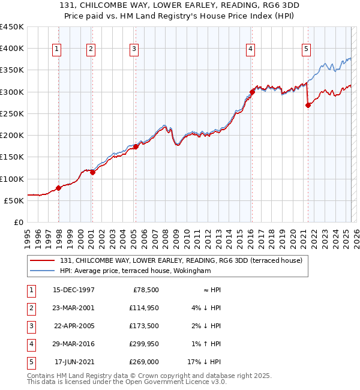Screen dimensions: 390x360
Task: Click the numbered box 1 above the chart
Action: (56, 49)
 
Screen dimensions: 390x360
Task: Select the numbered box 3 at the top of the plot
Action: (134, 49)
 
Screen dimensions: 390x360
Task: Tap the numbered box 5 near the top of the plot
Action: (306, 49)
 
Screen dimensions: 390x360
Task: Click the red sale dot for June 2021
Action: (308, 105)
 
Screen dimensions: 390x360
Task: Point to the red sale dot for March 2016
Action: (252, 92)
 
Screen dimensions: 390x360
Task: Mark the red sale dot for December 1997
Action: (59, 188)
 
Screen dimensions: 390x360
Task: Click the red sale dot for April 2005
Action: (136, 146)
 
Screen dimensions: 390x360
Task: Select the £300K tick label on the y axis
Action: (12, 92)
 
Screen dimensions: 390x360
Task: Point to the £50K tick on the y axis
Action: (14, 200)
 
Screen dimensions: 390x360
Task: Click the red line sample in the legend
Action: (43, 260)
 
